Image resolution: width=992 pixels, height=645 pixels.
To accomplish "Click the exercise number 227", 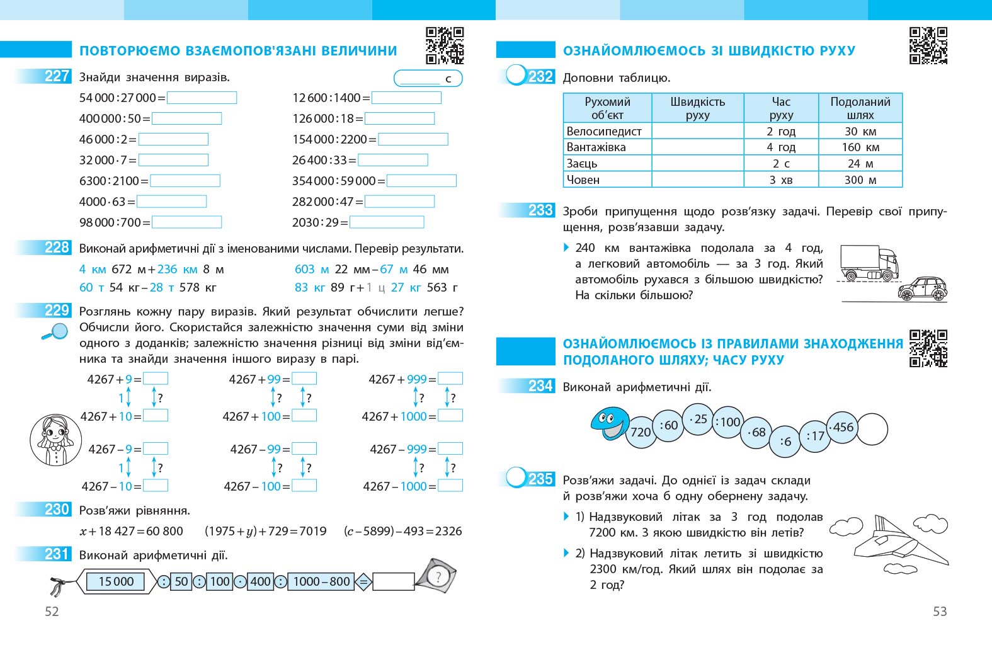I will click(57, 76).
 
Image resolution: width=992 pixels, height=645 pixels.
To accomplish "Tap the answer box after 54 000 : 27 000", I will click(202, 98).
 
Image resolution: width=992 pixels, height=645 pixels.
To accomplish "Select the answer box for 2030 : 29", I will click(386, 222).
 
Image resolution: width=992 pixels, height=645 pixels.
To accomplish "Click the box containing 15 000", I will click(117, 581).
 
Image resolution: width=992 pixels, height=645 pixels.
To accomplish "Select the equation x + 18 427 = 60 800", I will click(131, 531).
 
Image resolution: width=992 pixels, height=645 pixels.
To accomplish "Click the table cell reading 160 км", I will click(860, 147).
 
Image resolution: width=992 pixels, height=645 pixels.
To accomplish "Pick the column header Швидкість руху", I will click(697, 108).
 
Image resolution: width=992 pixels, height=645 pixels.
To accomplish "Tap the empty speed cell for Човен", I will click(697, 180).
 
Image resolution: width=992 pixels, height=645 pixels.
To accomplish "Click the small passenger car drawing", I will click(922, 288).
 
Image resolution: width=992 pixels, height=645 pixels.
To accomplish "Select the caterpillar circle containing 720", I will click(641, 432).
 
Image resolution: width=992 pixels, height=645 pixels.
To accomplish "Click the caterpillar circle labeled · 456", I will click(841, 427).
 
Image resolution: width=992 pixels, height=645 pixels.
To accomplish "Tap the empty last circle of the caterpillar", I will click(872, 430).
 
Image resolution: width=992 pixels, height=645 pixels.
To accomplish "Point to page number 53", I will click(939, 611).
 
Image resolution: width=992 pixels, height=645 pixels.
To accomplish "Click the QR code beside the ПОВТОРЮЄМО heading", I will click(445, 45).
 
